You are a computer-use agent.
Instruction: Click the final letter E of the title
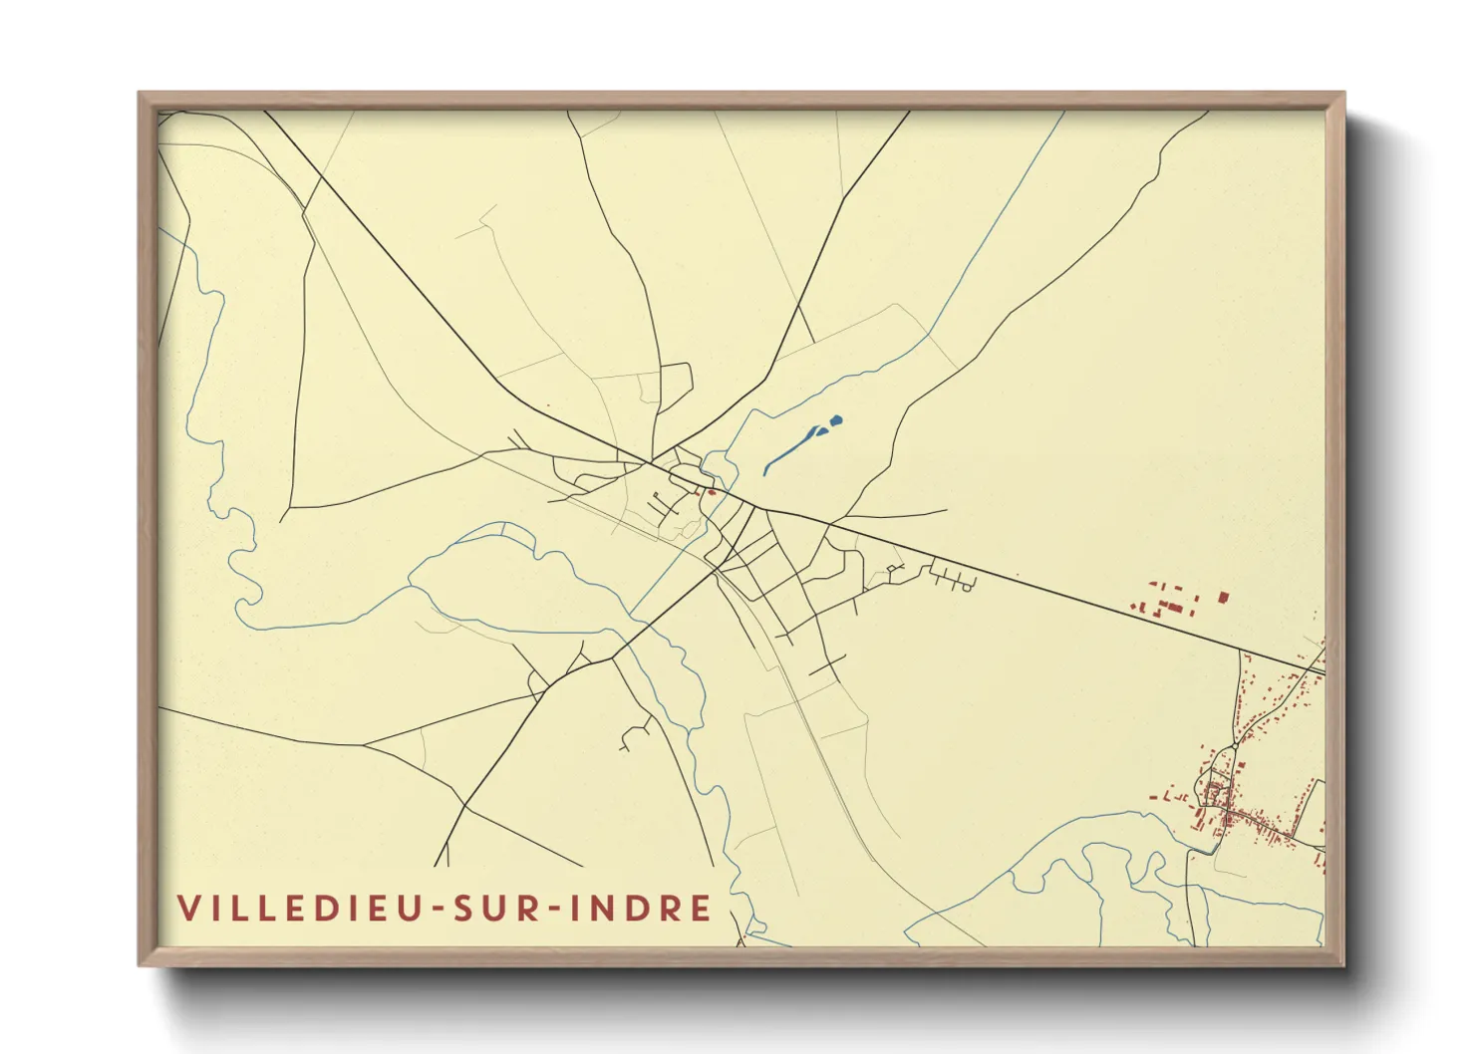702,908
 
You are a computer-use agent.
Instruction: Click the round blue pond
835,420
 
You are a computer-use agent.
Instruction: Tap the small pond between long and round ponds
821,430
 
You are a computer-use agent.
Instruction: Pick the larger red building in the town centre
712,491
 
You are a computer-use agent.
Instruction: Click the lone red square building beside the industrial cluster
1223,598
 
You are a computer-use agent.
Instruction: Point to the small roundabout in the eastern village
1235,744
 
